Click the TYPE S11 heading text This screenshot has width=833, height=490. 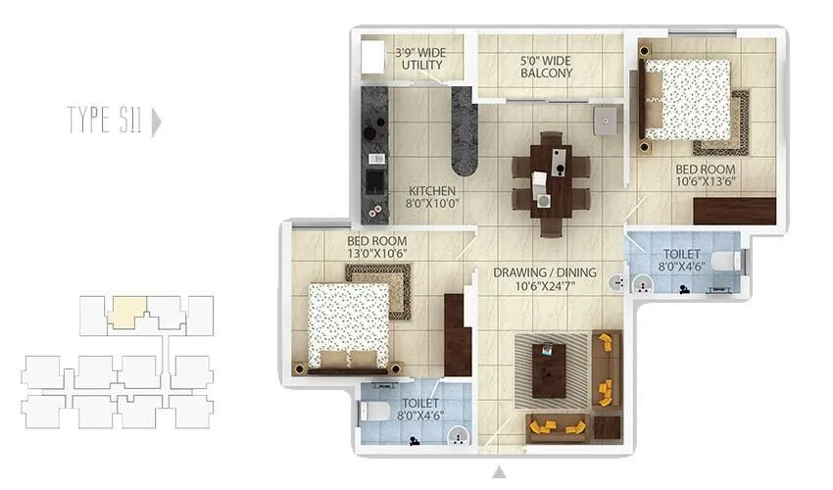tap(105, 122)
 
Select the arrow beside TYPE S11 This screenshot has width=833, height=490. tap(157, 122)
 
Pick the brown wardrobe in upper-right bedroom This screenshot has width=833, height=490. tap(734, 211)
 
